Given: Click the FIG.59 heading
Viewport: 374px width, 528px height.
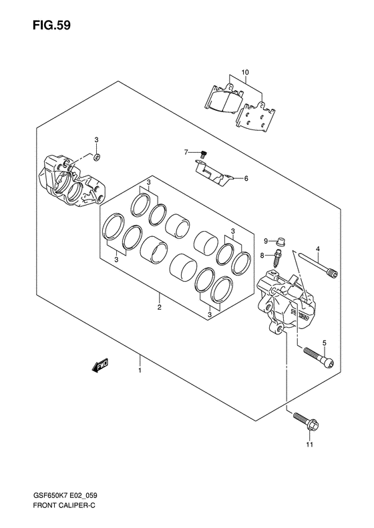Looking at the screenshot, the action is click(51, 25).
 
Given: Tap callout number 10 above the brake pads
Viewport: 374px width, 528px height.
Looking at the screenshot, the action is click(245, 72).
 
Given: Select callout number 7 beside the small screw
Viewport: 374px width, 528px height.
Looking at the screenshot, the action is click(186, 153).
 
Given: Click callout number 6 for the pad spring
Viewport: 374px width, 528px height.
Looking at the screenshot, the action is click(246, 178).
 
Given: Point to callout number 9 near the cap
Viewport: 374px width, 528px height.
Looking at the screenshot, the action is click(266, 241).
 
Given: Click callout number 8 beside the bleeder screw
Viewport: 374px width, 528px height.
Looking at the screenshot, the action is click(262, 256).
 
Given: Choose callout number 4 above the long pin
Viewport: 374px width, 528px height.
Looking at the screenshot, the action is click(317, 249).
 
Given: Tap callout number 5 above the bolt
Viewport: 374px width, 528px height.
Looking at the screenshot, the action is click(325, 343).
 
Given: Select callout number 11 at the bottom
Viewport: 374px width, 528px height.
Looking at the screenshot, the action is click(310, 445).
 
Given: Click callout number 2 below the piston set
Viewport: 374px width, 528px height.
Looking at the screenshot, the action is click(159, 307).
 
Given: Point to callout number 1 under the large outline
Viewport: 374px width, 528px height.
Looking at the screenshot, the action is click(140, 370).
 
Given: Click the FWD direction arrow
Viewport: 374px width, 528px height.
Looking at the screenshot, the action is click(100, 365).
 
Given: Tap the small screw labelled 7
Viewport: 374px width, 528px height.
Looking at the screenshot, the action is click(203, 154).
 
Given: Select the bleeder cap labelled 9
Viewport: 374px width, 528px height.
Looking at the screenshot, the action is click(280, 242).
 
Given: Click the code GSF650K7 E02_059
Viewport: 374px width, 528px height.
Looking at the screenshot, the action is click(65, 495).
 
